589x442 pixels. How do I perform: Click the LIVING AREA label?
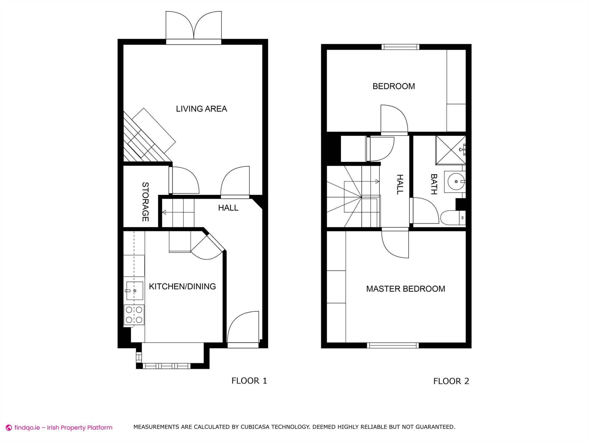[x=201, y=109]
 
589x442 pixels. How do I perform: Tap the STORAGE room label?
[x=145, y=202]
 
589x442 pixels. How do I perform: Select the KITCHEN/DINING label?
[x=182, y=286]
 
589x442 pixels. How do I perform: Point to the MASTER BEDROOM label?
[x=405, y=289]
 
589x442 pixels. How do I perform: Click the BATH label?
[x=434, y=184]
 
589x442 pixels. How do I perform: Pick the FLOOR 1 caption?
[x=249, y=381]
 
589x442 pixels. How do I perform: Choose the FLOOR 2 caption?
[x=451, y=381]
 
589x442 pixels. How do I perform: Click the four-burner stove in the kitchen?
[x=134, y=315]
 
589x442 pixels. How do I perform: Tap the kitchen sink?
[x=134, y=291]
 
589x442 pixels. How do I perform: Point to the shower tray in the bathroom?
[x=450, y=150]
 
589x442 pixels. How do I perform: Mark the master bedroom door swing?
[x=396, y=244]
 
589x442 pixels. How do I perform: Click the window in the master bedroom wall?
[x=393, y=345]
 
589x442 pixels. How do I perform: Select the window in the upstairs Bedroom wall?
[x=400, y=47]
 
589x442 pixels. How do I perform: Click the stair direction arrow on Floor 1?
[x=164, y=212]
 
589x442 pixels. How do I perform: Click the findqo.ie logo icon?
[x=9, y=428]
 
